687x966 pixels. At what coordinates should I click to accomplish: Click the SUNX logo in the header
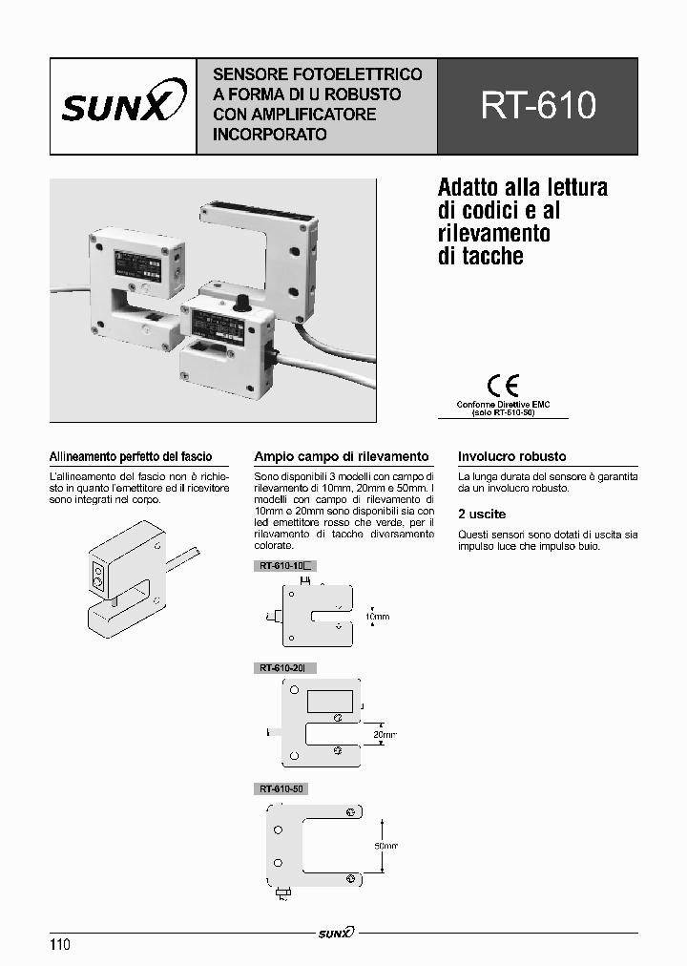(x=123, y=106)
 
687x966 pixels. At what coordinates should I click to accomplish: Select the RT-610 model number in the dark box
(x=538, y=106)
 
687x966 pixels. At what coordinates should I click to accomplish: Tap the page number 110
(x=59, y=945)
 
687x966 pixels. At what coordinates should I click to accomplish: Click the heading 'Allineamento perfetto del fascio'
(x=131, y=457)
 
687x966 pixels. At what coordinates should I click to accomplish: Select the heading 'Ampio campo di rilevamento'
(x=341, y=457)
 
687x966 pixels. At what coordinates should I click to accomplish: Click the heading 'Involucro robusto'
(x=511, y=457)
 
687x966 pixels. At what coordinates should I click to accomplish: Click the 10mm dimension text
(x=377, y=618)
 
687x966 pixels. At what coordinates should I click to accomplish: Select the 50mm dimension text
(x=385, y=846)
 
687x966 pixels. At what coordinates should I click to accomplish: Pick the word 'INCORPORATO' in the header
(x=270, y=135)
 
